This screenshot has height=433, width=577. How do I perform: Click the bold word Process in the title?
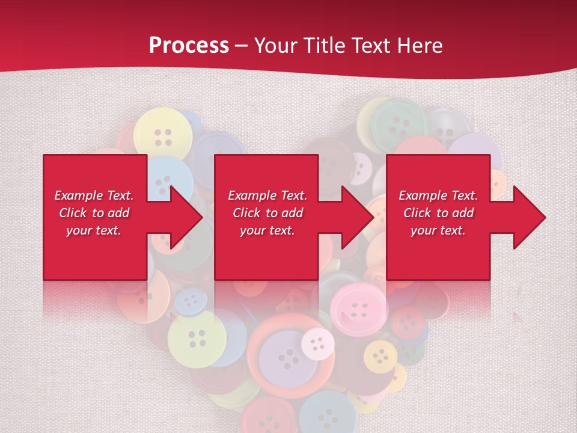(x=189, y=46)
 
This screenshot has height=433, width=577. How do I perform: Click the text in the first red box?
(x=94, y=213)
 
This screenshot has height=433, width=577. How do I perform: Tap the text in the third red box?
(x=438, y=213)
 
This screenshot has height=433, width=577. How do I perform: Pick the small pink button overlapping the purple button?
(x=317, y=343)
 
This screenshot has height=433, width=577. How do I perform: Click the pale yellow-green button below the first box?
(x=197, y=339)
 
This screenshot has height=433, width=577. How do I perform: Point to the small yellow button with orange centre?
(x=380, y=356)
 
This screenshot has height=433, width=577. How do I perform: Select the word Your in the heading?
(x=275, y=46)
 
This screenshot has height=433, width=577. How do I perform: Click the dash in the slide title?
(x=242, y=46)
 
